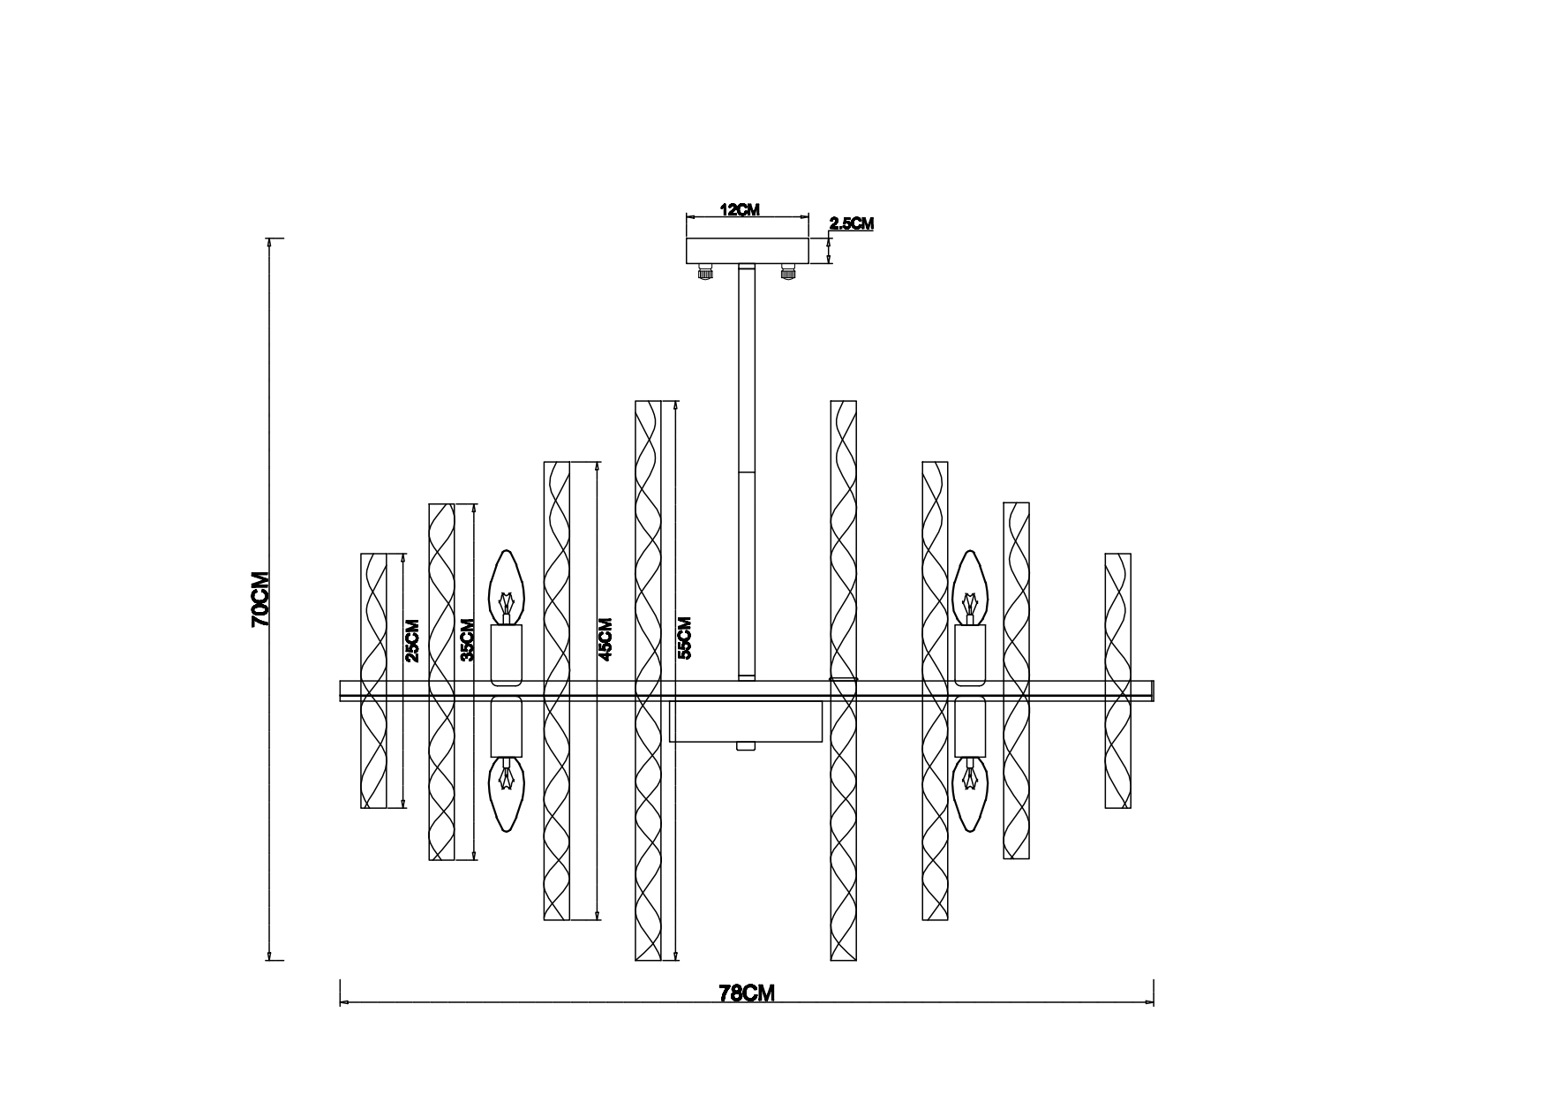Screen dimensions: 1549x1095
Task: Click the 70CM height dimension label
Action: tap(260, 599)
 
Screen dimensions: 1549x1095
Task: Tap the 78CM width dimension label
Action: tap(747, 993)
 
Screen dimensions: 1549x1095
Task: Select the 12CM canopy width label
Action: tap(740, 210)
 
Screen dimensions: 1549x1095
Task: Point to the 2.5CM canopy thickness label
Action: tap(852, 223)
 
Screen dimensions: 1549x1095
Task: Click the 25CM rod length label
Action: tap(411, 640)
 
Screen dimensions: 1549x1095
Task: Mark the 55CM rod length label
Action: tap(684, 638)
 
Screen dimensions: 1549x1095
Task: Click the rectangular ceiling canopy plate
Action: tap(748, 250)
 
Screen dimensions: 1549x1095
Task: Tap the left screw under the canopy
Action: tap(705, 272)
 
